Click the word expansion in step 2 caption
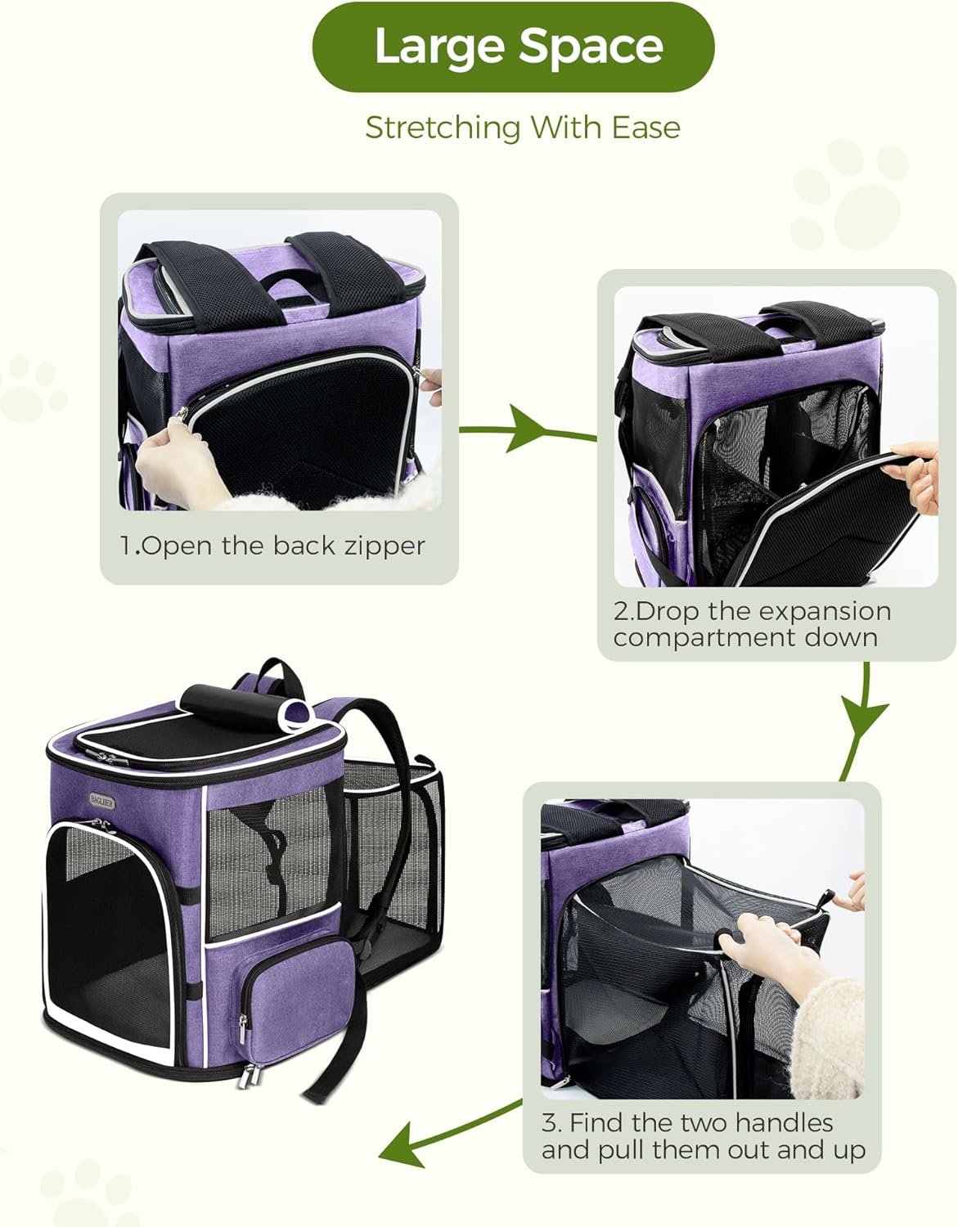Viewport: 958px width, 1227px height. (799, 611)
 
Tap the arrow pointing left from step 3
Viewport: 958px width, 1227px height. (450, 1131)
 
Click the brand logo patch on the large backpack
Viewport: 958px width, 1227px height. (101, 801)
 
